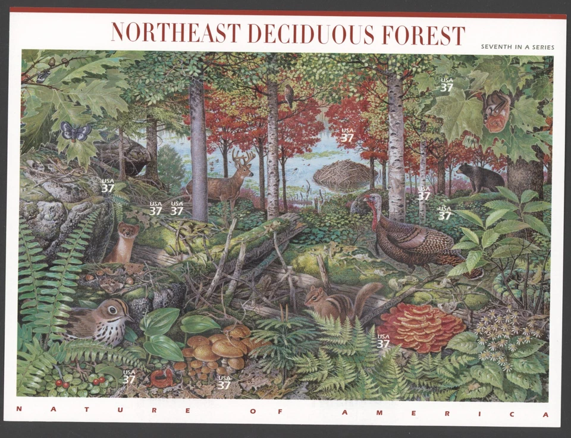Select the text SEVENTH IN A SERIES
(517, 47)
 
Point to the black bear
(479, 178)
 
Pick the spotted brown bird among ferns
(98, 320)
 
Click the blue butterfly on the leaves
(76, 131)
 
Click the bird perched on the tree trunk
(289, 95)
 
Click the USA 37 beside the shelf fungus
(383, 341)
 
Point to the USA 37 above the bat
(446, 85)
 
